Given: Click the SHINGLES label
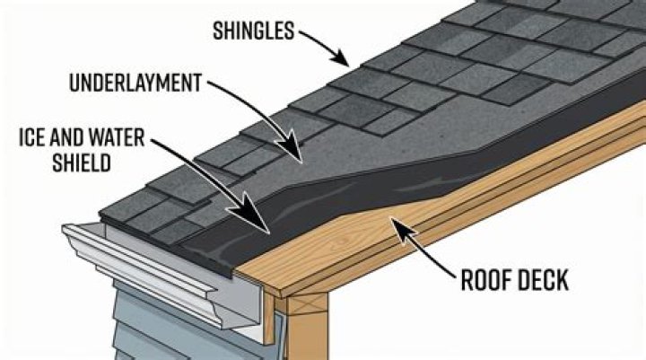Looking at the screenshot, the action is (254, 31).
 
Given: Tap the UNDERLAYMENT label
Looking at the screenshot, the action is (135, 83).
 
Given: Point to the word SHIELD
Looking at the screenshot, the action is (82, 162).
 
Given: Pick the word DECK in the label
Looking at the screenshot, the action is (542, 280).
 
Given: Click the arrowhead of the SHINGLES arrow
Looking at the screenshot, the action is (341, 58).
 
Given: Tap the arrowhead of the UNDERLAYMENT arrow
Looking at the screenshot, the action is (292, 147).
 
